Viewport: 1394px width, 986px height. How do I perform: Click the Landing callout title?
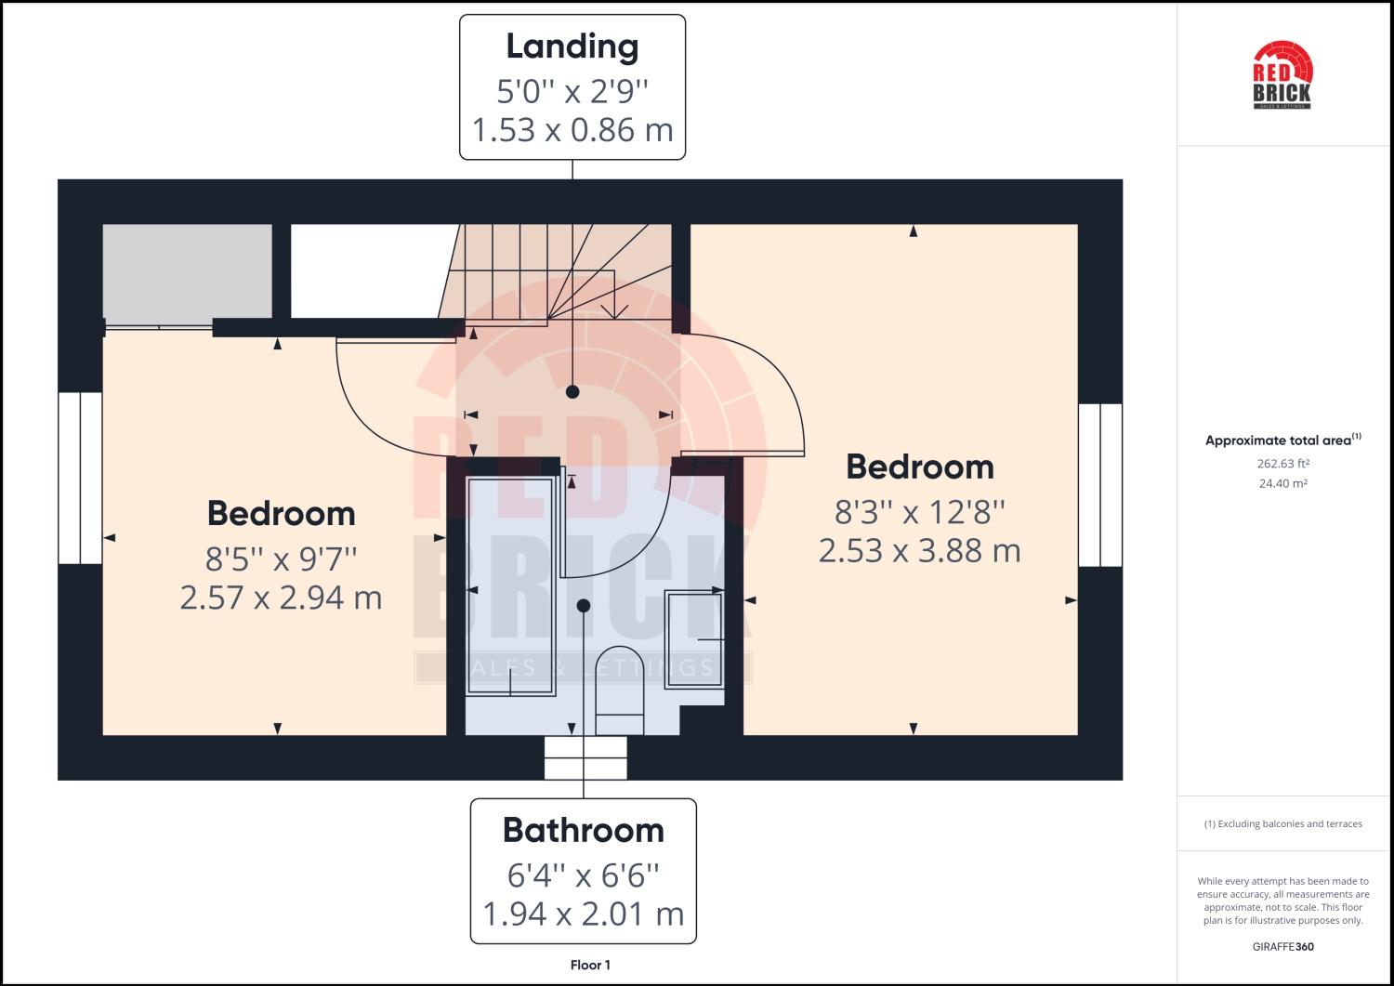(572, 46)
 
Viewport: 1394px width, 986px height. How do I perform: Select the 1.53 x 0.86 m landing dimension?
(572, 130)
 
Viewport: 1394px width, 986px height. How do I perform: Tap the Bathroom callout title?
(584, 830)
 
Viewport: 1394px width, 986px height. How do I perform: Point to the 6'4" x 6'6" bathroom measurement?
(584, 874)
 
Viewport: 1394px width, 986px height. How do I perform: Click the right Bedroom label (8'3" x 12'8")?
(920, 467)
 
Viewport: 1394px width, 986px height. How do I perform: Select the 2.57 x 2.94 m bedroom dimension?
(281, 598)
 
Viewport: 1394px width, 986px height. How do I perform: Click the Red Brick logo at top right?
(1282, 74)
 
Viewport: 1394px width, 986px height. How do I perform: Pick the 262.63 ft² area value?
(1282, 464)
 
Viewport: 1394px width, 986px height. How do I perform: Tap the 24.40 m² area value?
(1282, 483)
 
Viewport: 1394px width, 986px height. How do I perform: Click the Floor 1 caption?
(590, 965)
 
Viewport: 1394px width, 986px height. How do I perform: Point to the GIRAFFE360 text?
(1282, 947)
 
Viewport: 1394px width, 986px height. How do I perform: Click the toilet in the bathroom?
(619, 688)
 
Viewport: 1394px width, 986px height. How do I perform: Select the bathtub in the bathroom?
(510, 585)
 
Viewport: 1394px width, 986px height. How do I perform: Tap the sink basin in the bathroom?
(694, 638)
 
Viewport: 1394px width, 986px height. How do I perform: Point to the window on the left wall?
(80, 478)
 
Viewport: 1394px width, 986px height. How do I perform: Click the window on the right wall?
(1100, 484)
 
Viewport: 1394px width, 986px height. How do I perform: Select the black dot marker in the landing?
(572, 392)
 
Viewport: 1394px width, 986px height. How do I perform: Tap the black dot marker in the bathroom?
(584, 606)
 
